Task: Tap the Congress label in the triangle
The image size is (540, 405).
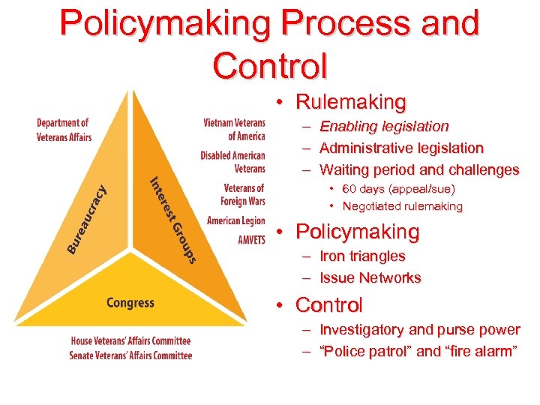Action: coord(130,303)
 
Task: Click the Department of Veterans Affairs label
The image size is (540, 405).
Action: coord(64,130)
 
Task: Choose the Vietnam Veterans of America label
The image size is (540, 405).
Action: coord(234,130)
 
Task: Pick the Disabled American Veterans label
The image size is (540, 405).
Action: coord(233,162)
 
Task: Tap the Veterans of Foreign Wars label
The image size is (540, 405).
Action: coord(243,194)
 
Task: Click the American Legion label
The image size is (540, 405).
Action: coord(235,220)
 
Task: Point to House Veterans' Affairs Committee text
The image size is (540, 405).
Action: coord(130,341)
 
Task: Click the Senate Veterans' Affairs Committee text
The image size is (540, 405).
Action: coord(130,355)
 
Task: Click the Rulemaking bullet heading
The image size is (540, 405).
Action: coord(350,101)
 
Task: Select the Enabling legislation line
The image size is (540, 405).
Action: coord(384,126)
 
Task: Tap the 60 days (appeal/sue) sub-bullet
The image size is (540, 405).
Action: coord(398,189)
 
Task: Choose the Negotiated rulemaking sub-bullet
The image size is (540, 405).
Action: coord(402,206)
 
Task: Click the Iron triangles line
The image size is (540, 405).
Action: coord(362,256)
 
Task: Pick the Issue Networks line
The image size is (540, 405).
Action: coord(370,278)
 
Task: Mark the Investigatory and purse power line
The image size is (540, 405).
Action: coord(419,330)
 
